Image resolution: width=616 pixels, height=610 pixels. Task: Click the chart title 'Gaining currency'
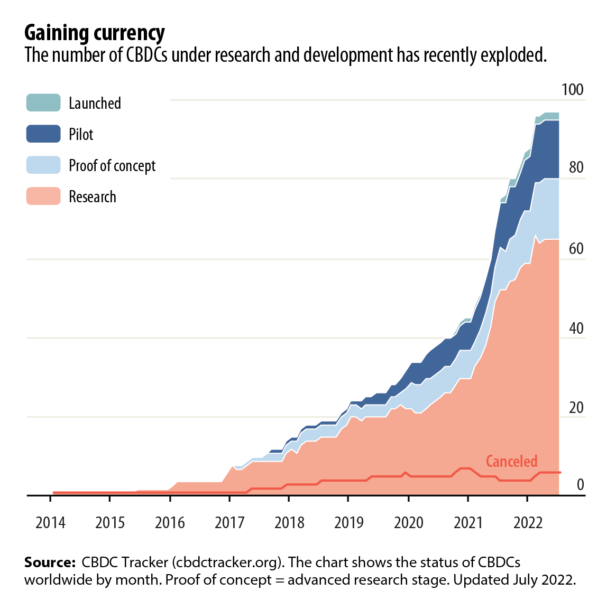pos(95,33)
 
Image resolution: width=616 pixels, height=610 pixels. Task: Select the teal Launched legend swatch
pos(43,102)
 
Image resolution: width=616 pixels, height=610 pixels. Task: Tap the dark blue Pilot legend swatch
pos(43,134)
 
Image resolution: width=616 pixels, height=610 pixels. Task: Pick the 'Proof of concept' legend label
pos(112,166)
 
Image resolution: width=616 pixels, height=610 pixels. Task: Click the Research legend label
pos(93,197)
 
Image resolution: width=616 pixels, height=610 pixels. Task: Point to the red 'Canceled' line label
pos(511,462)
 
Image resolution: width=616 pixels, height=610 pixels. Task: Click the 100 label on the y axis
pos(572,90)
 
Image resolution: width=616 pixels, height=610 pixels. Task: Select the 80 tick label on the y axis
pos(576,168)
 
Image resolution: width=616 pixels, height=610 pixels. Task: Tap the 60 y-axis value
pos(576,249)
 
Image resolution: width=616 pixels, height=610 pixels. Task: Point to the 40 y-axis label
pos(576,329)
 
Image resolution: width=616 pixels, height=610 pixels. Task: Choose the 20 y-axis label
pos(576,408)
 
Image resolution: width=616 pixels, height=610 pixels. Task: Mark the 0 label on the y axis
pos(580,485)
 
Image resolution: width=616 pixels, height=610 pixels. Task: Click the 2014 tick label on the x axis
pos(50,523)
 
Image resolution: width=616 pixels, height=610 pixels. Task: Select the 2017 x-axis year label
pos(229,523)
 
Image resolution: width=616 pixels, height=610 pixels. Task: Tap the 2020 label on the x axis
pos(409,523)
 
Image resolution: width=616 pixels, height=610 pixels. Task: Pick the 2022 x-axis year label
pos(528,523)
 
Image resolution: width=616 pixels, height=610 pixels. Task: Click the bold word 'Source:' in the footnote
pos(50,562)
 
